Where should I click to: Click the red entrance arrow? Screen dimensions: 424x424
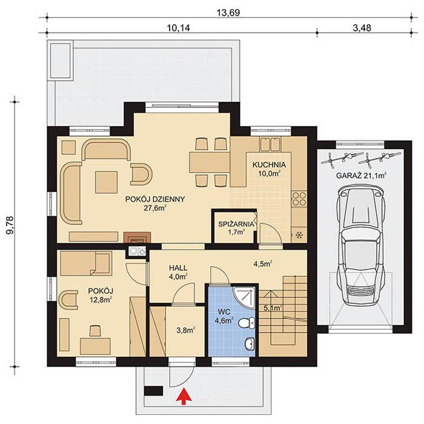181,397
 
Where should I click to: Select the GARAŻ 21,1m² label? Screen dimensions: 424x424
362,176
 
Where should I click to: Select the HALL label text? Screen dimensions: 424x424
177,267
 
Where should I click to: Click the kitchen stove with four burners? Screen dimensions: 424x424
299,198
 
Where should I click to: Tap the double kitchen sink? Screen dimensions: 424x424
270,144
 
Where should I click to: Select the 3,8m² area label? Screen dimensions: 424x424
185,330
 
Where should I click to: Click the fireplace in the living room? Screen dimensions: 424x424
134,237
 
